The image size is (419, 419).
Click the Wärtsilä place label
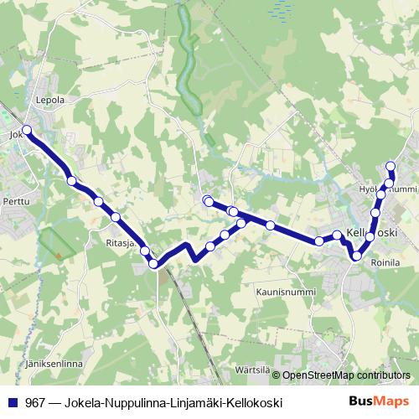click(x=252, y=369)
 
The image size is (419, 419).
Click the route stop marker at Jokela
click(x=27, y=130)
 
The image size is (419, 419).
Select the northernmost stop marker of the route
click(x=390, y=166)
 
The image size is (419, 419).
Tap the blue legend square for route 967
click(x=13, y=402)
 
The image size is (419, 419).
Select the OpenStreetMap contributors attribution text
click(x=346, y=375)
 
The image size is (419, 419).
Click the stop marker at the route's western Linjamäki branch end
click(x=208, y=200)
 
